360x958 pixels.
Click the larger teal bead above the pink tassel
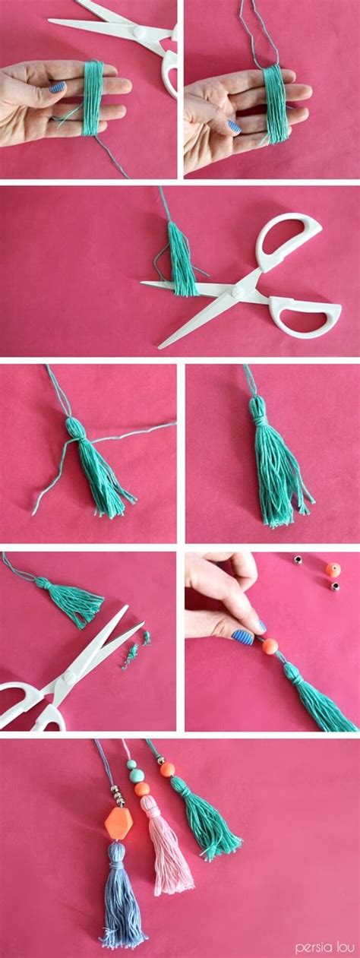135,775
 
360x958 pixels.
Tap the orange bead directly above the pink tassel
141,790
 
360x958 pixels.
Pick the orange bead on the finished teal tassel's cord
167,769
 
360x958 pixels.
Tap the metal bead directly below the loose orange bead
334,586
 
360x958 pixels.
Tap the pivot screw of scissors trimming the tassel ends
66,675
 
